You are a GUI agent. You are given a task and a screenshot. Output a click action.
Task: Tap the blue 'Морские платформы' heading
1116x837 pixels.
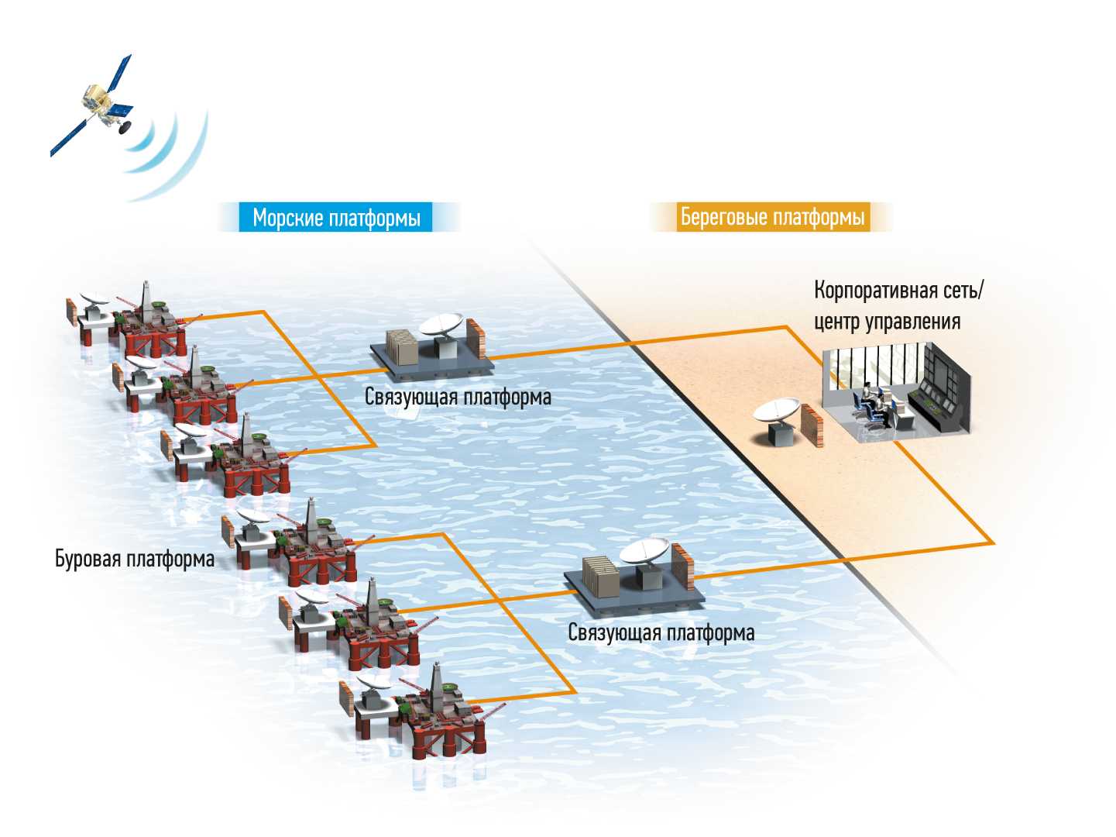(337, 218)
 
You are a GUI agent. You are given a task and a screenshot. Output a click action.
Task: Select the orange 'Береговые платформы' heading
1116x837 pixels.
(772, 217)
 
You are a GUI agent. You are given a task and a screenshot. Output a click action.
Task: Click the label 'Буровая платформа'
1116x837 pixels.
(135, 559)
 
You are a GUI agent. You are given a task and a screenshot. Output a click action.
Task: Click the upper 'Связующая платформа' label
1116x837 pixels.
(458, 398)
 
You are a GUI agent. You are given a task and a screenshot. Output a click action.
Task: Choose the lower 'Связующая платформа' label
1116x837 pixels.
(661, 632)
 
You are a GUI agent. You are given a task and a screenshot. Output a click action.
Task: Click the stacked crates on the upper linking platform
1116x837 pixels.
(402, 348)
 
